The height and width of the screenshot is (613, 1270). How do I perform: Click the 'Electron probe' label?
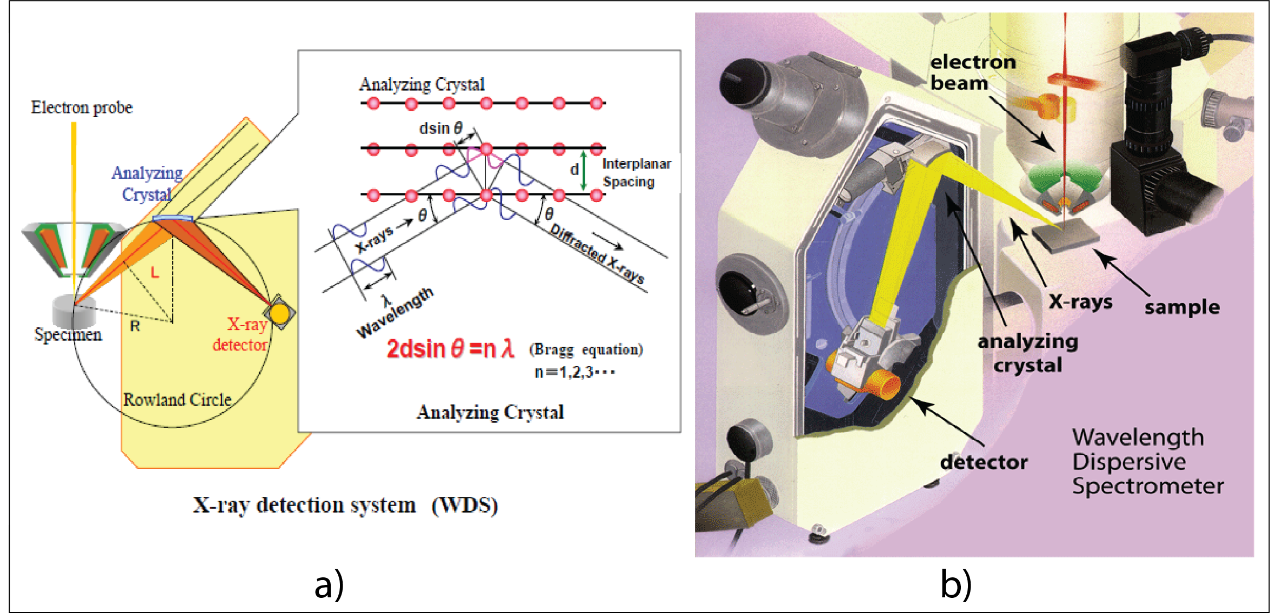(82, 107)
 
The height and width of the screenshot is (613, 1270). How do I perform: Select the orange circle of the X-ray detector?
(279, 313)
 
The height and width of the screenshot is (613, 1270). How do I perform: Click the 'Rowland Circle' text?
(177, 400)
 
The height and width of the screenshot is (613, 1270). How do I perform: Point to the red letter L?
(155, 272)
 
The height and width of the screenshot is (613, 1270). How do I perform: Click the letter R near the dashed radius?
(135, 326)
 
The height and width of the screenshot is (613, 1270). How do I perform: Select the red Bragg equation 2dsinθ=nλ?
(450, 349)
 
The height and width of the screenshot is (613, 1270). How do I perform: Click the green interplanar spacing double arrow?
(583, 170)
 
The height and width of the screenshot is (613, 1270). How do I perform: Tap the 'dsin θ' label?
(440, 129)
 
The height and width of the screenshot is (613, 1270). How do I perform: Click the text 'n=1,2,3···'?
(574, 372)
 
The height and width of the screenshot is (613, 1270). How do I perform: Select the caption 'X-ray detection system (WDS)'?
(345, 505)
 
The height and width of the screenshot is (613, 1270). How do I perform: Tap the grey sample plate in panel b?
(1065, 237)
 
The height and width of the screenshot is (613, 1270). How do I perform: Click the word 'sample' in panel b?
(1182, 307)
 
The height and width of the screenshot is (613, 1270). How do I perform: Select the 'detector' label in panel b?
(984, 462)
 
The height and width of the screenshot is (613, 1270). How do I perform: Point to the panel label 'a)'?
(329, 585)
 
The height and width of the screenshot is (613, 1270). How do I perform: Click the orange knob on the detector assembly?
(884, 385)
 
